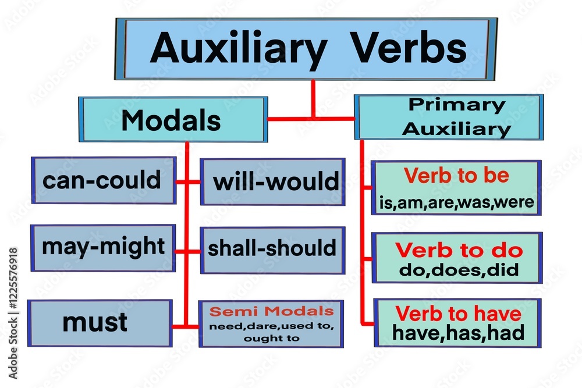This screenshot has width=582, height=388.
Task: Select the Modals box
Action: pos(172,120)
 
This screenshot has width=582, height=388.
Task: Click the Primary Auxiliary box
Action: pos(449,117)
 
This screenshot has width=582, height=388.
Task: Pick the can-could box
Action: pos(103,180)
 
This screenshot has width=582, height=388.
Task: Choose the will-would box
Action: pos(273,182)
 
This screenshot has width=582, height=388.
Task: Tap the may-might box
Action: pos(103,247)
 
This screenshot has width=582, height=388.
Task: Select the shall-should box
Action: pos(272,249)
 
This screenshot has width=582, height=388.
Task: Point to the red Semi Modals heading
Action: pos(272,311)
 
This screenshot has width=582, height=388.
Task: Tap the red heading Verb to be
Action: pos(456,176)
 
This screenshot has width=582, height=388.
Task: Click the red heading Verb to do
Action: pos(459,251)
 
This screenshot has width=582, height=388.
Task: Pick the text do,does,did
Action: pos(459,270)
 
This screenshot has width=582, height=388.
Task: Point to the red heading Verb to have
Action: pos(458,314)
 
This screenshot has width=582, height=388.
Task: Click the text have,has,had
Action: pos(458,333)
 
